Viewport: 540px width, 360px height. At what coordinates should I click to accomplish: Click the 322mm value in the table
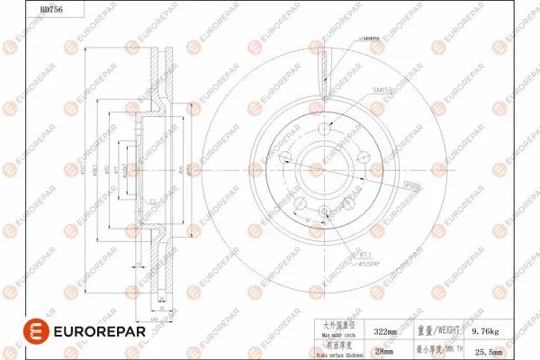coord(385,331)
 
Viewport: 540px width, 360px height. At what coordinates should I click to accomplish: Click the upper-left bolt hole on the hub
coord(286,158)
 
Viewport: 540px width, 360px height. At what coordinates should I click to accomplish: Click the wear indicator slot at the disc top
coord(323,67)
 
